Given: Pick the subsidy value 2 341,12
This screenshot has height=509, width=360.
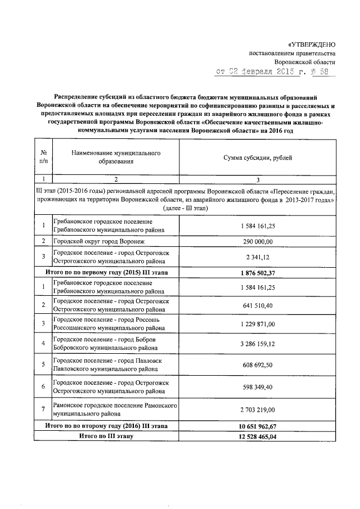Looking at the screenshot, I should [258, 257].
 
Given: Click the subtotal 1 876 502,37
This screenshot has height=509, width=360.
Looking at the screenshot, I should [258, 273].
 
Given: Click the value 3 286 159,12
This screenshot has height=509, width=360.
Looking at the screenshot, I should [258, 343].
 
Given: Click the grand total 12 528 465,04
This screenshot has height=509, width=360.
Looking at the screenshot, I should [258, 436].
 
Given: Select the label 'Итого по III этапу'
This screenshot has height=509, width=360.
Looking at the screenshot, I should [106, 436].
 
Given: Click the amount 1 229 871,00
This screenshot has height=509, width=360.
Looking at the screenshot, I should [258, 324].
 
